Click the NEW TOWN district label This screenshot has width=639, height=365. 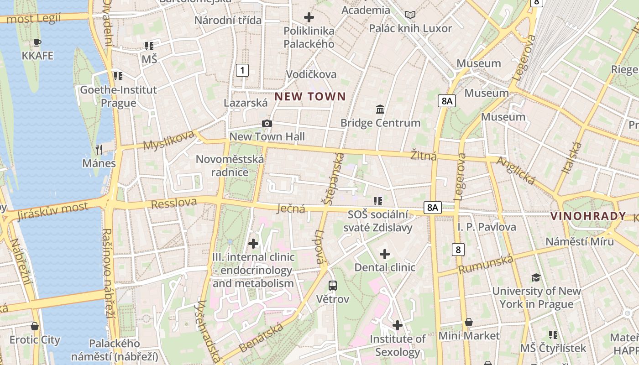coord(310,96)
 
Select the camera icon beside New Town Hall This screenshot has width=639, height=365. coord(267,124)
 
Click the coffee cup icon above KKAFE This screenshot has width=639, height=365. coord(37,43)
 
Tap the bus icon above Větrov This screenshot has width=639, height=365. coord(333,286)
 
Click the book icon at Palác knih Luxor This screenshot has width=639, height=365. coord(410,15)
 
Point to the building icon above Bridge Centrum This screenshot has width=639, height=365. coord(380,109)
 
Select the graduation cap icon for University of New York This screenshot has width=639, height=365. coord(536,277)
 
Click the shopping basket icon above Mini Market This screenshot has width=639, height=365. coord(469,323)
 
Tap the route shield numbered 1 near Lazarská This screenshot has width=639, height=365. coord(242,70)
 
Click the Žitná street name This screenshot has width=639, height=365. coord(424,156)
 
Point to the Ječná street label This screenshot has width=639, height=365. coord(291,209)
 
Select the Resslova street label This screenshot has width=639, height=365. coord(174,203)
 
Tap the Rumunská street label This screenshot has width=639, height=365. coord(486,265)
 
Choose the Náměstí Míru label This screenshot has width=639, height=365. coord(580,242)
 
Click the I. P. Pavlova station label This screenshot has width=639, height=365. coord(487,227)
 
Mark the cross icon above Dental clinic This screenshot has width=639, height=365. coord(385,254)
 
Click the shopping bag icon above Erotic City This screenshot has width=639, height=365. coord(35,326)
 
